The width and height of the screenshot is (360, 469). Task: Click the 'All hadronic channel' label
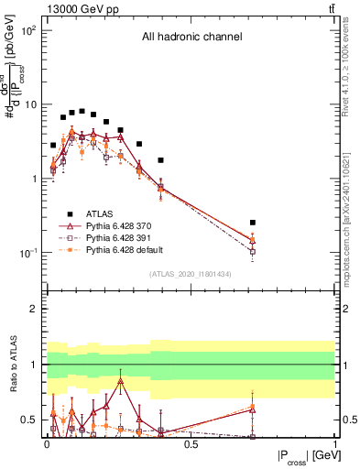click(x=191, y=38)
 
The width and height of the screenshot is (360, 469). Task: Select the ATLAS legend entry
click(x=100, y=213)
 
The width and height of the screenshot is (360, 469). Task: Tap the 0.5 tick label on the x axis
click(x=191, y=443)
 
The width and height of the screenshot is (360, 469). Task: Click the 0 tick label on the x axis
click(x=47, y=443)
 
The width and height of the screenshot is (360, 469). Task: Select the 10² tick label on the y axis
click(x=27, y=30)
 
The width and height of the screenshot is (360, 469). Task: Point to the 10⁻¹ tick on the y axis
click(x=27, y=253)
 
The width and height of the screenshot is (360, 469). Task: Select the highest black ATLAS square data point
click(x=82, y=111)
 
